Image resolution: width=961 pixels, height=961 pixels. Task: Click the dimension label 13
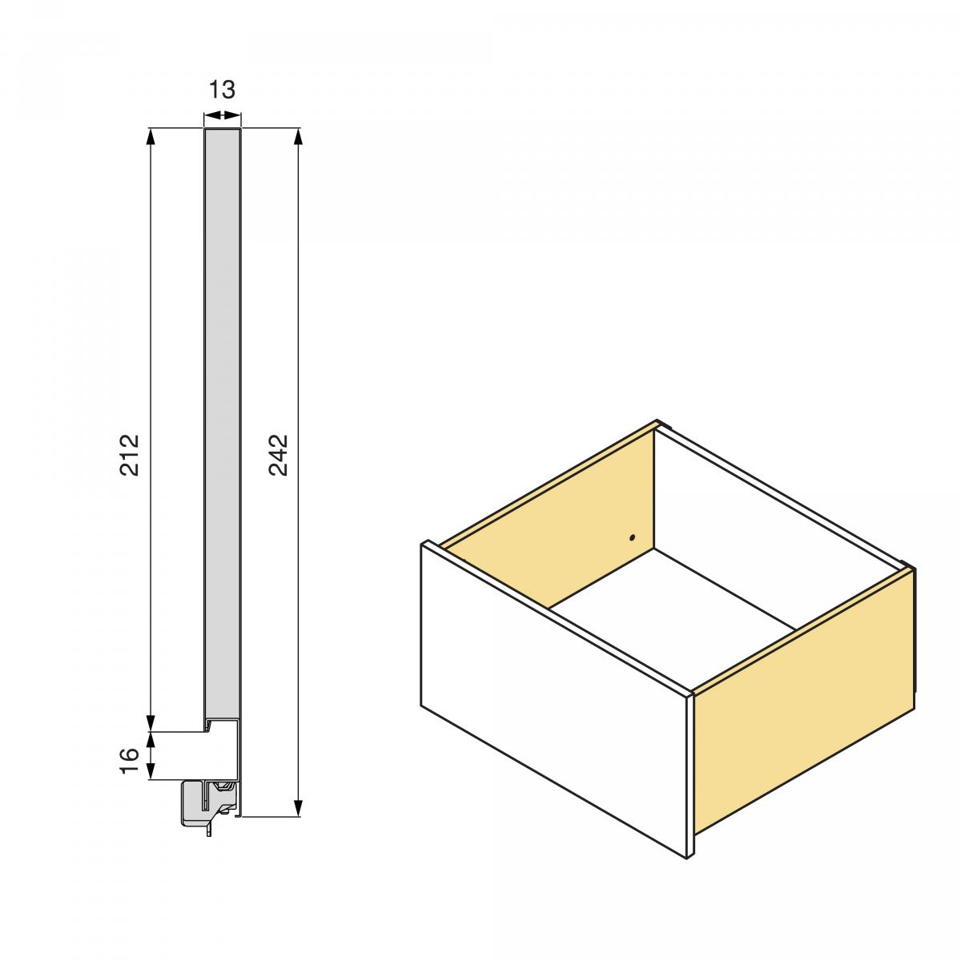[222, 90]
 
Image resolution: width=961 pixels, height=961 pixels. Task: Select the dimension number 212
[130, 454]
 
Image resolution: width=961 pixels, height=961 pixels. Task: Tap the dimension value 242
[278, 454]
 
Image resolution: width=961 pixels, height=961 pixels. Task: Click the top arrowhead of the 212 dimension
[151, 136]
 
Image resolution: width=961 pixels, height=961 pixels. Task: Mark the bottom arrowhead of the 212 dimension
[151, 722]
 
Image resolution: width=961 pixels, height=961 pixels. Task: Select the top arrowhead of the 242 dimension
[299, 136]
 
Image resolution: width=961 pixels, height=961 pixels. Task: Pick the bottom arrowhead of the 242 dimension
[299, 807]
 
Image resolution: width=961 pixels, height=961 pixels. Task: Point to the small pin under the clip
[209, 830]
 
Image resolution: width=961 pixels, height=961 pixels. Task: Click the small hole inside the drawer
[632, 537]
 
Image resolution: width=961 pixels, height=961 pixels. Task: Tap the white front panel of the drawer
[553, 697]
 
